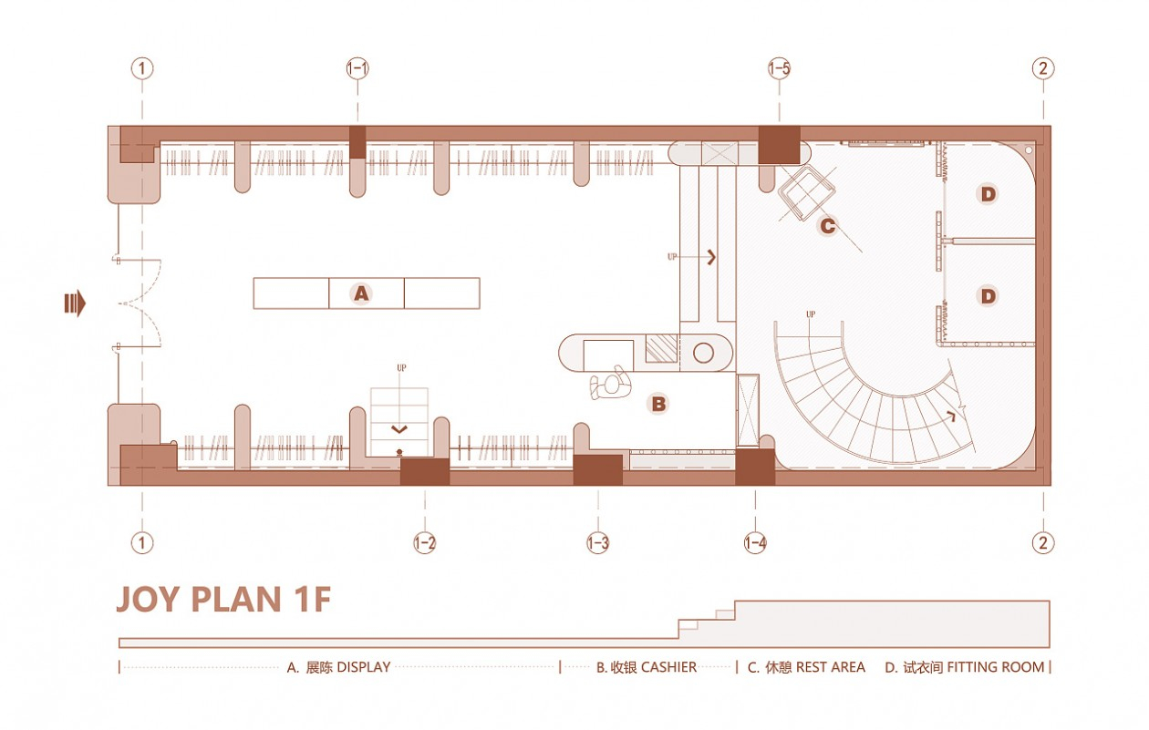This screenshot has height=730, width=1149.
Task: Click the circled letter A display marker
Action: pos(362,293)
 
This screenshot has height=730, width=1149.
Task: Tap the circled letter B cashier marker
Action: pos(657,404)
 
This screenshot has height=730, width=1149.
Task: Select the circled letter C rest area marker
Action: pos(827,225)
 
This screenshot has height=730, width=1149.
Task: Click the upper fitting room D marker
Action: pos(987,193)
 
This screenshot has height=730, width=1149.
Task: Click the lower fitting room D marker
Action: pos(987,295)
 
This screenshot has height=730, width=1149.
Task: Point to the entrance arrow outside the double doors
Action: pos(75,303)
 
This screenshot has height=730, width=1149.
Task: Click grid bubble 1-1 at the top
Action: pos(357,68)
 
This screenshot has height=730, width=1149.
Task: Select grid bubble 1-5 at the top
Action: pos(779,68)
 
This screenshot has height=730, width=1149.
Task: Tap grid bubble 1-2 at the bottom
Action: pos(424,543)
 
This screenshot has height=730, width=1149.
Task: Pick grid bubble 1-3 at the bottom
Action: pos(597,543)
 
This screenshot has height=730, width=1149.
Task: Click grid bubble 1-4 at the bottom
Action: pos(755,543)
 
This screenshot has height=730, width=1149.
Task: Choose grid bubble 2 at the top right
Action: pos(1043,68)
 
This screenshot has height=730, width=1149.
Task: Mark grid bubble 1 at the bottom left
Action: pos(141,543)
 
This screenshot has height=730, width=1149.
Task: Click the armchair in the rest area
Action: pos(807,192)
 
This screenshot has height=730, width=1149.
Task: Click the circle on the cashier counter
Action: pos(706,352)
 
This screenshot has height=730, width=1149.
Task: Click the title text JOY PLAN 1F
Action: pos(223,601)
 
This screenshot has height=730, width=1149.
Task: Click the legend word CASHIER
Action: pos(668,667)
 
